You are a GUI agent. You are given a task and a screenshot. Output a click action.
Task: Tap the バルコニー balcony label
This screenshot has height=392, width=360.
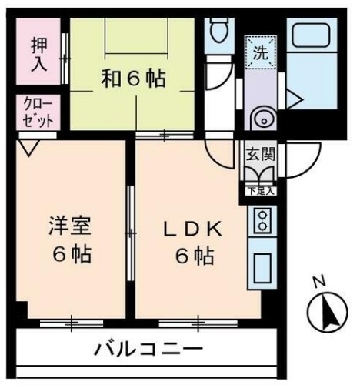148,349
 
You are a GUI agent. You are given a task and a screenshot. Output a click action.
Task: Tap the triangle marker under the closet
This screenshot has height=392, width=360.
29,146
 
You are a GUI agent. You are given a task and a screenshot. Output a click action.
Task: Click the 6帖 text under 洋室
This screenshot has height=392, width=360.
71,254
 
